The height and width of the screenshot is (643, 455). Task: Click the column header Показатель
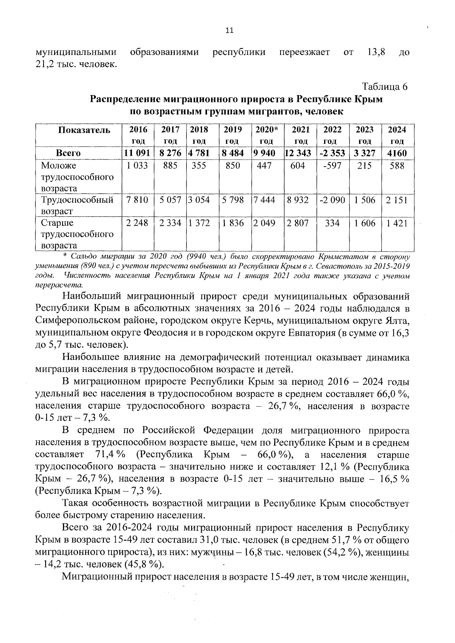click(x=84, y=130)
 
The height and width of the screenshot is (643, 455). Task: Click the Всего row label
click(x=68, y=153)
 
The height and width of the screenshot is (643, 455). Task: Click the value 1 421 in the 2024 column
click(x=397, y=223)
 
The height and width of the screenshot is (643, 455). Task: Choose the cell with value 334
click(x=332, y=223)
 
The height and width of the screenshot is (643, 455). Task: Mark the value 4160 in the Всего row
click(x=397, y=153)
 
